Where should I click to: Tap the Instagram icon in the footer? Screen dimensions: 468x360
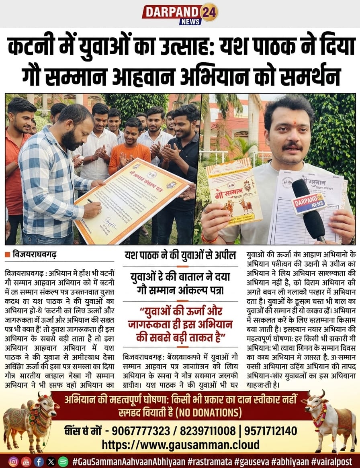click(x=14, y=461)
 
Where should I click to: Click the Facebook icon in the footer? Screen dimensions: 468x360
click(x=39, y=461)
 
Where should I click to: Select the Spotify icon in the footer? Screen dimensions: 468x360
click(x=62, y=461)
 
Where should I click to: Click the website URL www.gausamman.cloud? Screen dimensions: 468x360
click(x=180, y=445)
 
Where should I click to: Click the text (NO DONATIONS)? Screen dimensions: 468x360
click(x=209, y=413)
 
